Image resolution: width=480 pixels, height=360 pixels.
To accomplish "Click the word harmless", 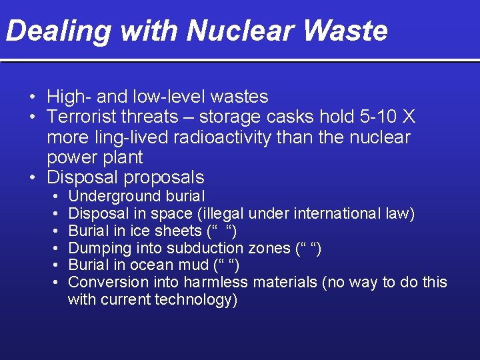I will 216,282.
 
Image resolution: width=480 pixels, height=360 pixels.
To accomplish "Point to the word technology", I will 196,300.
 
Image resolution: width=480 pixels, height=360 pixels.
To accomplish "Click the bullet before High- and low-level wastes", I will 32,97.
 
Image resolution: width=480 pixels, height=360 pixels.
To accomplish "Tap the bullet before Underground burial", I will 53,197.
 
